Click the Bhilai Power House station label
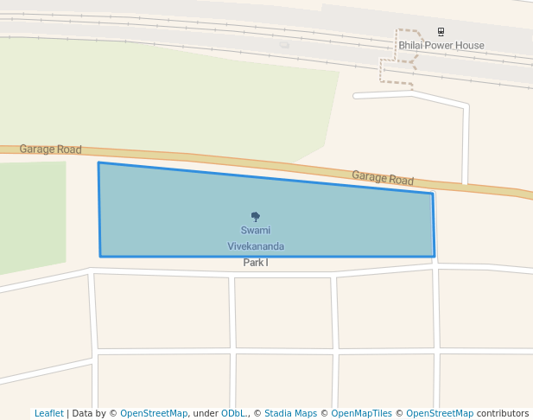[441, 45]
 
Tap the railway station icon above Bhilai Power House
[441, 32]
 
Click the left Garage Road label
[50, 150]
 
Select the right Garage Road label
[383, 178]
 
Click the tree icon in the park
[255, 216]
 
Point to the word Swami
[255, 231]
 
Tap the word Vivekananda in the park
[255, 246]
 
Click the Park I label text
[255, 262]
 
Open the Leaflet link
[48, 413]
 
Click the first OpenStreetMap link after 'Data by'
[154, 413]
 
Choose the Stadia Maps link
[290, 413]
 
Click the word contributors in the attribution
[503, 413]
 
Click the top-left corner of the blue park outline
[98, 162]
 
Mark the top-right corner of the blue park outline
[432, 194]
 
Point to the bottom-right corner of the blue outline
[434, 257]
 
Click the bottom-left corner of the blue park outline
[101, 257]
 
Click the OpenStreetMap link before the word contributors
[440, 413]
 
